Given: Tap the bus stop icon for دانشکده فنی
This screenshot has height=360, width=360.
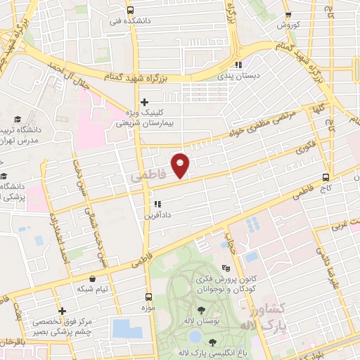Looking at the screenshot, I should pos(130,11).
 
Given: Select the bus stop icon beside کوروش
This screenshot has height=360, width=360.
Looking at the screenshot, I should pos(288,15).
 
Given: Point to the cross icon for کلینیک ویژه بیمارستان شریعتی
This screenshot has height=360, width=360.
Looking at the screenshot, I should pos(144,101).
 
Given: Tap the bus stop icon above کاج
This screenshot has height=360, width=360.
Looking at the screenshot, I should pos(326,178).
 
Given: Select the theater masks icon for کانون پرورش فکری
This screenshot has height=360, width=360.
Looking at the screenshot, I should pos(226,268).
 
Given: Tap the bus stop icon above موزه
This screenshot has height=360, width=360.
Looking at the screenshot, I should pos(148,297).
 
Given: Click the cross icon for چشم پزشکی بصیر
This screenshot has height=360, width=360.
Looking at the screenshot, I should pos(63,311).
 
